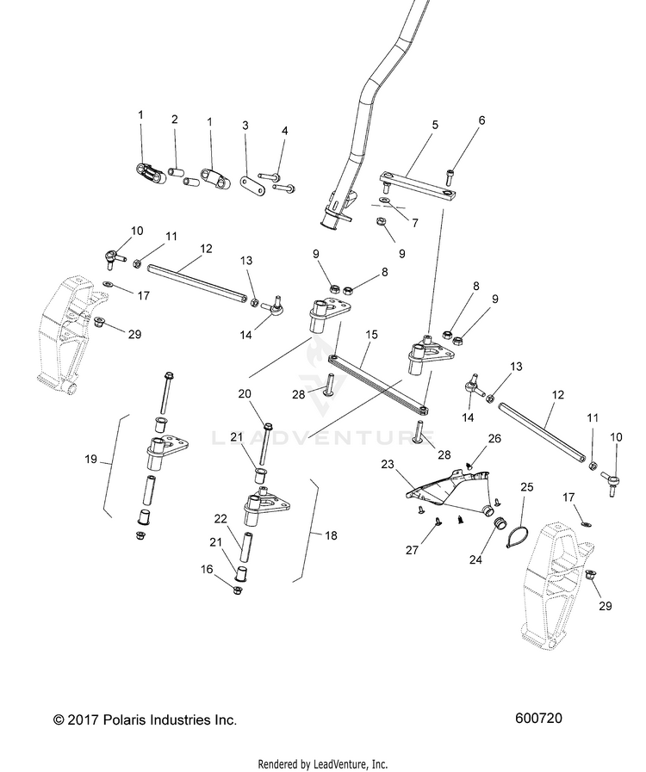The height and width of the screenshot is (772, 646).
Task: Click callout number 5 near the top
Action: point(435,125)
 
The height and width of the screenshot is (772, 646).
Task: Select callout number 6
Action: point(481,120)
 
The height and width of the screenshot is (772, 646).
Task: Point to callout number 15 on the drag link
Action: point(371,333)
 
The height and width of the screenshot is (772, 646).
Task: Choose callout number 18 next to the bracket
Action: point(332,535)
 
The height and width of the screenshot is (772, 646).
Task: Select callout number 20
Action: point(245,394)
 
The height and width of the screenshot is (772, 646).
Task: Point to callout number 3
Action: point(245,126)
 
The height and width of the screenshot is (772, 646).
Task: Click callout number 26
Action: point(494,437)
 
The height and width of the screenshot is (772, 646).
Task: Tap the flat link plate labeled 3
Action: point(252,183)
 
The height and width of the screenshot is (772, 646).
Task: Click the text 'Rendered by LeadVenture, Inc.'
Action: point(323,763)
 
